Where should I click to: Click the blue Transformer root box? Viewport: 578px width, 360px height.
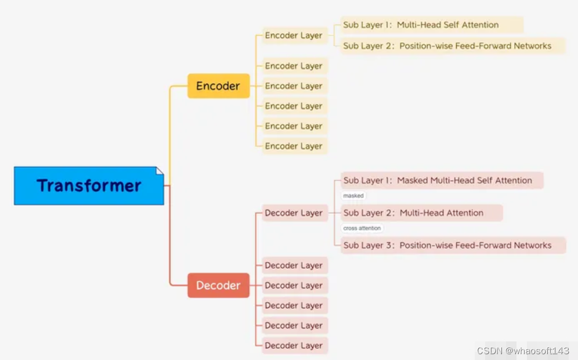click(89, 186)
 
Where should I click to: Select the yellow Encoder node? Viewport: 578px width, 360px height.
click(218, 86)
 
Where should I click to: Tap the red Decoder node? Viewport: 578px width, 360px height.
click(218, 286)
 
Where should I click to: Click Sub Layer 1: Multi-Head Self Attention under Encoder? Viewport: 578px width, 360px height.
click(431, 25)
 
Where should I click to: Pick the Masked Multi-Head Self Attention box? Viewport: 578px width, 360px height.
click(442, 181)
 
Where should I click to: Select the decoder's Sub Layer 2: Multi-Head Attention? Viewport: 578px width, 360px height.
click(421, 213)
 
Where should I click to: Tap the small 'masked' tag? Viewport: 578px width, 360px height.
click(353, 196)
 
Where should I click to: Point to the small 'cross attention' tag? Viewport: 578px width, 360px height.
click(362, 228)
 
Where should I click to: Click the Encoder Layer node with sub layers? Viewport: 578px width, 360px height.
click(294, 35)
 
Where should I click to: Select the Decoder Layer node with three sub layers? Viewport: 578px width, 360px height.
click(294, 213)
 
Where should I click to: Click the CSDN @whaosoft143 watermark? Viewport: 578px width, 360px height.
click(523, 351)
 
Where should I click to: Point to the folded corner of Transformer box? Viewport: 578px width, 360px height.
click(160, 171)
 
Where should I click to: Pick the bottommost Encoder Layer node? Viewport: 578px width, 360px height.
click(294, 146)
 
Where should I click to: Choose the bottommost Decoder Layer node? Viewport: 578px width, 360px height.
click(294, 345)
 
